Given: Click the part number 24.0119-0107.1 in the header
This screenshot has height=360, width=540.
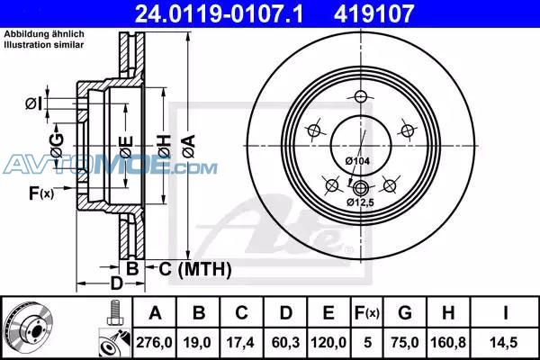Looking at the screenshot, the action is click(x=219, y=13).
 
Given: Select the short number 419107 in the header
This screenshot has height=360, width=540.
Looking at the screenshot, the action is click(x=373, y=13).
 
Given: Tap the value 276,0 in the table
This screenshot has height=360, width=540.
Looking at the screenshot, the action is click(x=154, y=343).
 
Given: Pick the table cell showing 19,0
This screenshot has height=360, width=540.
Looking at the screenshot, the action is click(x=197, y=343).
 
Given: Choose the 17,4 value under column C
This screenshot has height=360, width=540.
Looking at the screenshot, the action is click(x=240, y=343).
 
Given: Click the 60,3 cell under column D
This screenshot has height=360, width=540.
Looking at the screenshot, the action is click(x=285, y=343).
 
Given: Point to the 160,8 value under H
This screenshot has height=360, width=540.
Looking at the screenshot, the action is click(x=448, y=343).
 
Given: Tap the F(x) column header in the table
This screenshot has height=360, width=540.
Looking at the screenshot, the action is click(x=367, y=313).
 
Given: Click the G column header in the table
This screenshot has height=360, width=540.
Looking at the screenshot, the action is click(x=405, y=313).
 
